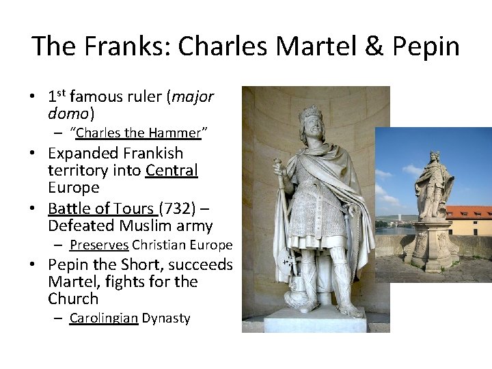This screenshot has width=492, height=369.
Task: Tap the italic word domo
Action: click(68, 113)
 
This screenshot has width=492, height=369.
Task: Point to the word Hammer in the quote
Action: click(174, 133)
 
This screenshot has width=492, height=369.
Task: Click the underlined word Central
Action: click(172, 170)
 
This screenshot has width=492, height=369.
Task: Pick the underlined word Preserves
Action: click(99, 245)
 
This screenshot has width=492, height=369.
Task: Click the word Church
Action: click(73, 299)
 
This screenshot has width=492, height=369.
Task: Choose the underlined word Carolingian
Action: click(104, 318)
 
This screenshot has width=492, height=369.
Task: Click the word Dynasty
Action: click(166, 318)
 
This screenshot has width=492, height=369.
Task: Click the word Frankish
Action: click(150, 153)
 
